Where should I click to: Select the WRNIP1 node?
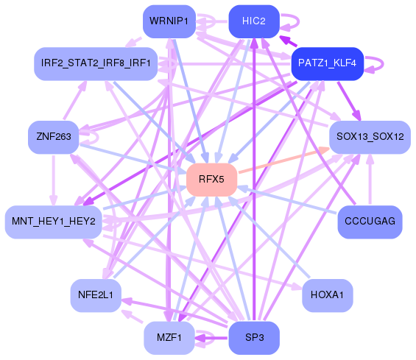point(169,21)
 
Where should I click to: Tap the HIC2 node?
point(253,21)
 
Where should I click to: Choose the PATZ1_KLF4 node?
point(327,63)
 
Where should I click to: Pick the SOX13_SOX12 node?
point(370,137)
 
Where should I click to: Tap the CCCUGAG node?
point(370,222)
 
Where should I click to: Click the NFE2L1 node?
point(95,295)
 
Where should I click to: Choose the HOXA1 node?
point(328,295)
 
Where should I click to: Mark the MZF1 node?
point(169,338)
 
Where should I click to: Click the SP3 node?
point(253,338)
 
